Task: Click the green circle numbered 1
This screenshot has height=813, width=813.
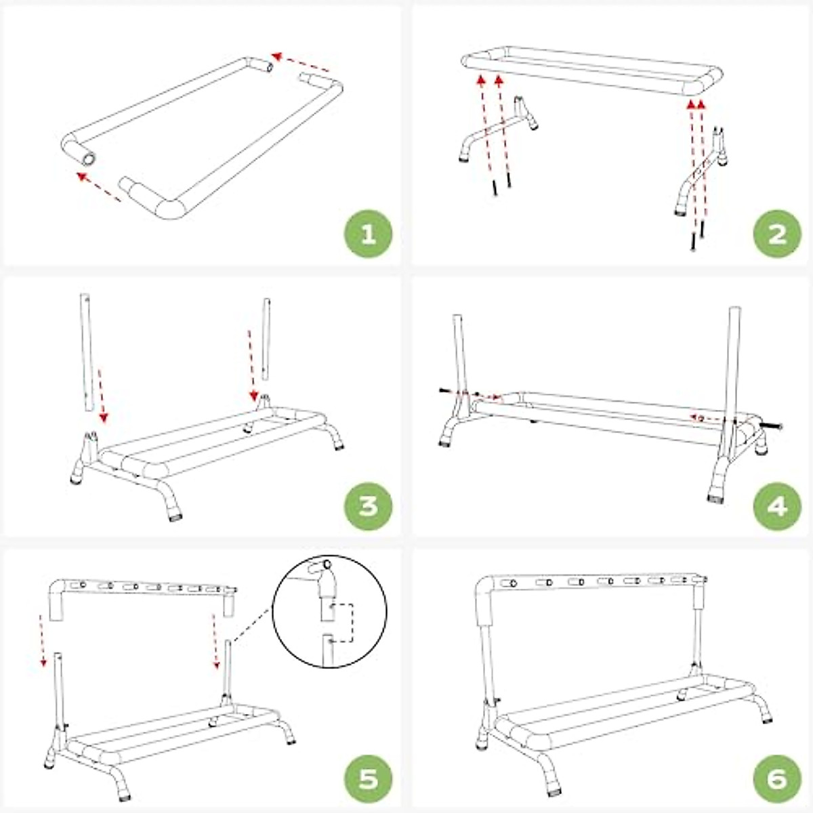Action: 369,234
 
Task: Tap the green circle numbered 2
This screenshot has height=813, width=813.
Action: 777,234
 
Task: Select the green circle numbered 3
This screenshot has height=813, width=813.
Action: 369,505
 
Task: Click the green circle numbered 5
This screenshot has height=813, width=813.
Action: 369,778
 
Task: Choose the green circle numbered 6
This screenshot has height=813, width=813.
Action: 777,778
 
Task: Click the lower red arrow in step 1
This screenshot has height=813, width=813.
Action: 99,187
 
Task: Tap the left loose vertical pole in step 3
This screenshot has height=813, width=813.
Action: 86,352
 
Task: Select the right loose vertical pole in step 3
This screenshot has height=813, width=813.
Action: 266,339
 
